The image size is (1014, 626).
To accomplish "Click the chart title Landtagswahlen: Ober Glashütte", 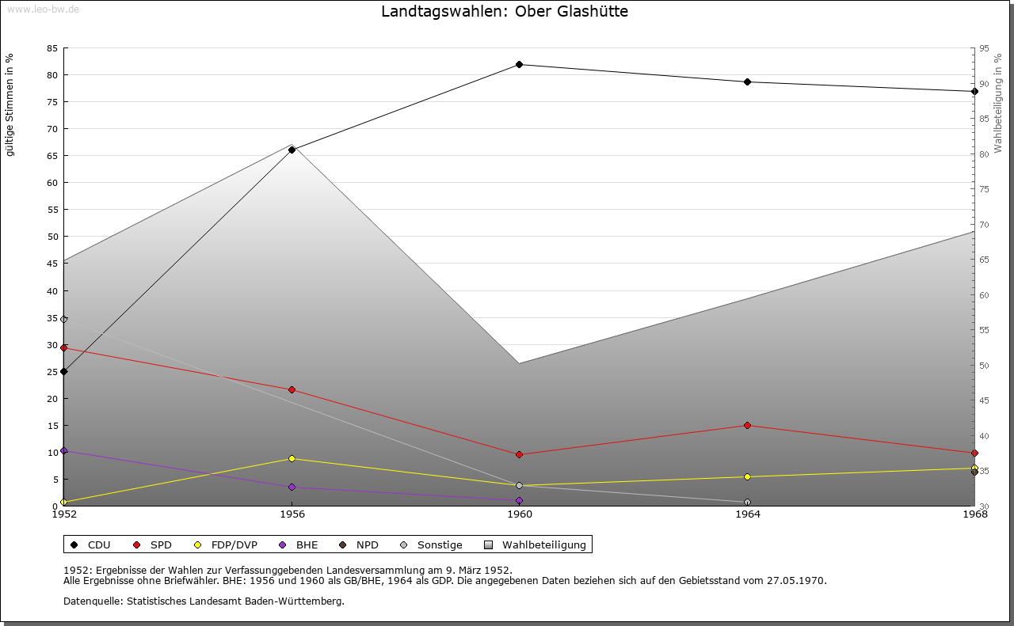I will pyautogui.click(x=505, y=12).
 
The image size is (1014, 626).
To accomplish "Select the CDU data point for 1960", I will pyautogui.click(x=519, y=64).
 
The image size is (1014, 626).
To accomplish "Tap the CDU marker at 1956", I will pyautogui.click(x=292, y=150).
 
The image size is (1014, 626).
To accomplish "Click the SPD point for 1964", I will pyautogui.click(x=747, y=425).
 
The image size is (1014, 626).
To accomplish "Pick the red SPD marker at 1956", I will pyautogui.click(x=292, y=389).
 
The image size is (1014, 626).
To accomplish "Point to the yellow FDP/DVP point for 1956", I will pyautogui.click(x=292, y=458).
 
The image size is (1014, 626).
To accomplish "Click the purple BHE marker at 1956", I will pyautogui.click(x=292, y=487).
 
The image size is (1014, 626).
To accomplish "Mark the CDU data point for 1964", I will pyautogui.click(x=747, y=82).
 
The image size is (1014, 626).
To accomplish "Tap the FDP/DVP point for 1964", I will pyautogui.click(x=747, y=476).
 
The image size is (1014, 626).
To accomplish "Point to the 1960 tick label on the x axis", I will pyautogui.click(x=520, y=514).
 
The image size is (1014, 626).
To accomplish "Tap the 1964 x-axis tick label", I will pyautogui.click(x=747, y=514).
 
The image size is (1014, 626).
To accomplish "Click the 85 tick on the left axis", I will pyautogui.click(x=51, y=48).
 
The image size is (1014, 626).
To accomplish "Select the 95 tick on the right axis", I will pyautogui.click(x=984, y=48).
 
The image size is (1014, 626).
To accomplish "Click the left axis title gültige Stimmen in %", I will pyautogui.click(x=10, y=105).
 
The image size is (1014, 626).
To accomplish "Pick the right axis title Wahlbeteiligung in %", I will pyautogui.click(x=998, y=104).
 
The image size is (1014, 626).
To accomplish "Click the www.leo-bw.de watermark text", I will pyautogui.click(x=43, y=8).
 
